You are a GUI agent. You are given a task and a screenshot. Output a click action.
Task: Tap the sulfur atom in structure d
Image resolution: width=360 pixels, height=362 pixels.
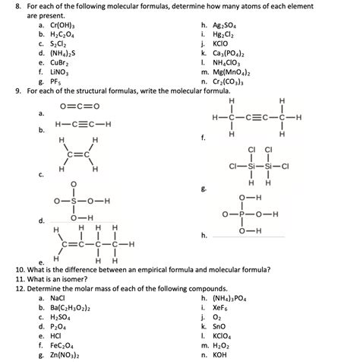74,202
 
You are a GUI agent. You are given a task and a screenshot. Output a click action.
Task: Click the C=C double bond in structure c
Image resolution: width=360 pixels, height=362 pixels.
79,154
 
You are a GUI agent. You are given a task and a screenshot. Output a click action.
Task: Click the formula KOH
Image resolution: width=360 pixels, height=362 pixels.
222,354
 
